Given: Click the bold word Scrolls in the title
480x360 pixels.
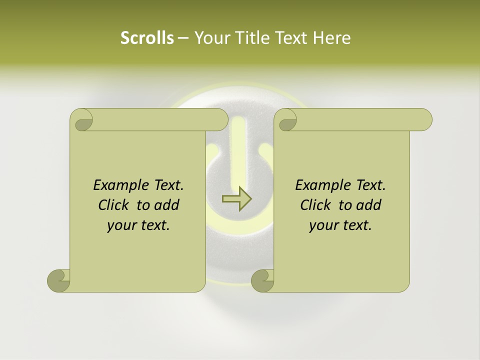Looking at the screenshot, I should pos(147,38).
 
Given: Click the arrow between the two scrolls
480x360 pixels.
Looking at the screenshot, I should pos(236,199).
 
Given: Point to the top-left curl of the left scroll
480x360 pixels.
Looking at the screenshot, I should pos(82,120).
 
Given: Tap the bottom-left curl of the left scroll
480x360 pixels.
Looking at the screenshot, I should pos(59,280).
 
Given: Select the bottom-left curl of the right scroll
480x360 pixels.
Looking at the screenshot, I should pos(262,280).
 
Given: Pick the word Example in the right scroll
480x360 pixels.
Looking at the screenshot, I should pos(318,185).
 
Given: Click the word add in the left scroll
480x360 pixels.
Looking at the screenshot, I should pos(167,205).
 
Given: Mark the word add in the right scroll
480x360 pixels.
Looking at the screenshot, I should pos(369,205).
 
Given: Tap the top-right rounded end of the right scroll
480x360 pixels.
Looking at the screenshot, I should pos(423,120).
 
